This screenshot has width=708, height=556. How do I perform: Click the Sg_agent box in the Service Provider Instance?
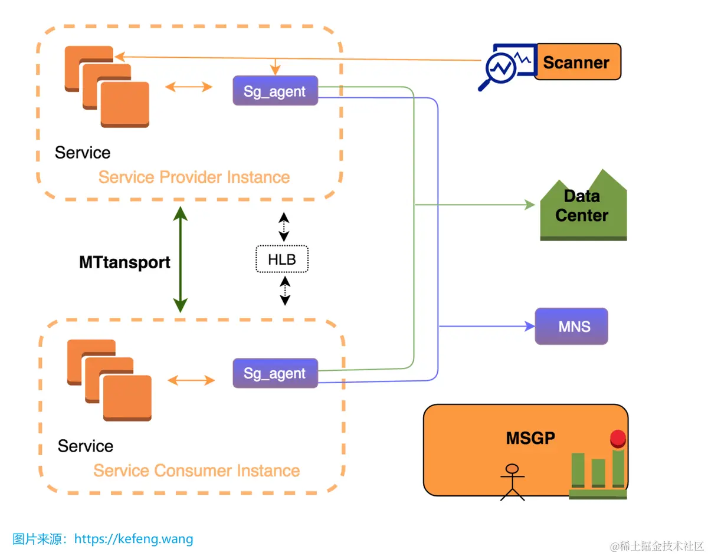click(275, 91)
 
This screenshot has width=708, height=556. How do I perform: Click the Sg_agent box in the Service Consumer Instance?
click(275, 373)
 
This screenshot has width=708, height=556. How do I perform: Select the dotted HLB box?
click(282, 259)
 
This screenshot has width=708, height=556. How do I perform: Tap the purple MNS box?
click(571, 326)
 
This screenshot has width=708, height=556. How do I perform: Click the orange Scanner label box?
click(577, 62)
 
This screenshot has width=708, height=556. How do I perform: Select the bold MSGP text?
click(530, 438)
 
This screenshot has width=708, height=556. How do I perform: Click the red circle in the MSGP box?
click(618, 438)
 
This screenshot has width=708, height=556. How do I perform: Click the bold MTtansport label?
click(124, 262)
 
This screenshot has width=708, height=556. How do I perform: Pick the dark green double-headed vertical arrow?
click(180, 259)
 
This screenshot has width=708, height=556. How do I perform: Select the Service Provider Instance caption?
click(194, 177)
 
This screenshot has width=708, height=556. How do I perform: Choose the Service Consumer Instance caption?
click(196, 471)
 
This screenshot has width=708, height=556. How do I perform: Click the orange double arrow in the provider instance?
click(189, 87)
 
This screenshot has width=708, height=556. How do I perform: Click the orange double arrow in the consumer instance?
click(191, 380)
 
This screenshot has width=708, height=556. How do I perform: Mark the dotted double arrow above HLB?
click(284, 227)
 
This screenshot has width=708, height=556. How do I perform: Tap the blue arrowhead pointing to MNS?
click(529, 326)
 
